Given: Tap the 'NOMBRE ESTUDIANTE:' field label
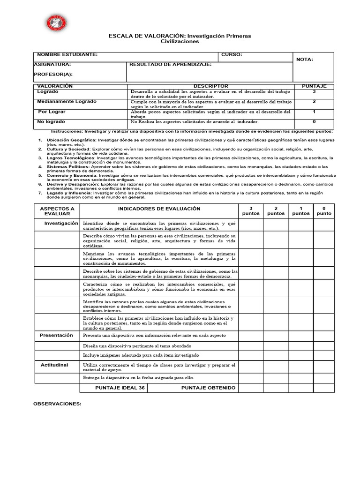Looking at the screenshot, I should (67, 55).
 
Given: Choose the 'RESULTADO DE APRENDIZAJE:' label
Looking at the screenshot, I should (171, 65).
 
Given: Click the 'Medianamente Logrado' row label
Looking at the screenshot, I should (67, 102).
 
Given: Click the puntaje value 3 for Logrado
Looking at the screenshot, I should (314, 92).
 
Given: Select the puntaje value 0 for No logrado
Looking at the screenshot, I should (314, 121).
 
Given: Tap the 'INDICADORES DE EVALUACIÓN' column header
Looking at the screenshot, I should (159, 209).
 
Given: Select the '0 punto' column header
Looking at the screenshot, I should (323, 211).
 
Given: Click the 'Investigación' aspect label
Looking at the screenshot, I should (61, 224).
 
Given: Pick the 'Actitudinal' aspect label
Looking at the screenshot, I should (54, 365).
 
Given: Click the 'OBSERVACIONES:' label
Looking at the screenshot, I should (58, 404).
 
